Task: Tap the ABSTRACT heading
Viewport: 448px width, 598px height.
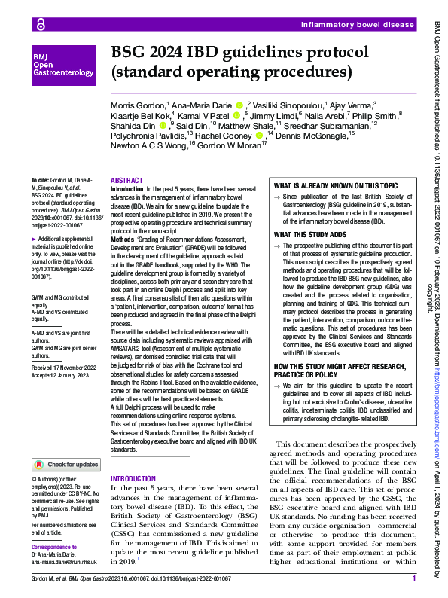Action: tap(126, 181)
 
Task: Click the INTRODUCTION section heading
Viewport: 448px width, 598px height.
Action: tap(133, 479)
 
